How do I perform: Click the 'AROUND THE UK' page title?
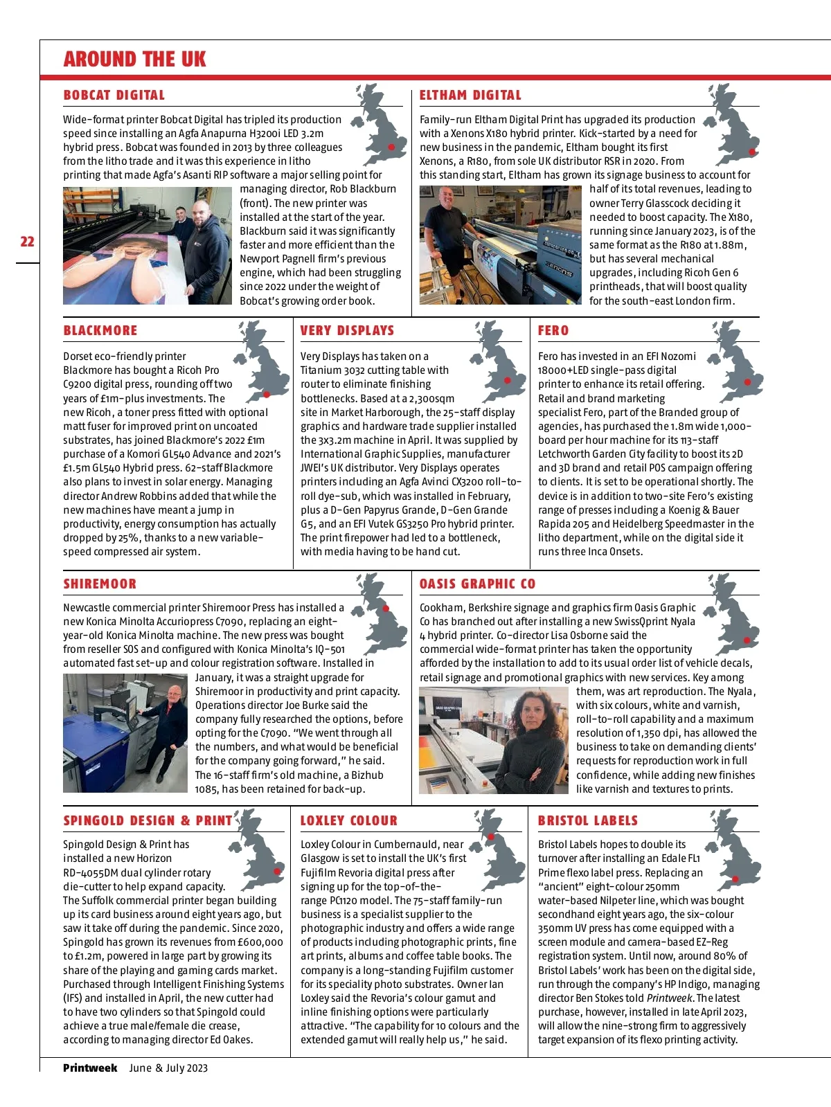[134, 60]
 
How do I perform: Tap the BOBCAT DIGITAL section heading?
[114, 96]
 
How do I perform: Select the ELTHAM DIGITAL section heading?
[470, 96]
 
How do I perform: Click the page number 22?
[27, 242]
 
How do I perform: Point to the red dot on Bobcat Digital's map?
[392, 147]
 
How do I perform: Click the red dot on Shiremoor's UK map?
[386, 609]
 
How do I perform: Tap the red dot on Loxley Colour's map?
[491, 837]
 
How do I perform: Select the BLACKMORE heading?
[100, 331]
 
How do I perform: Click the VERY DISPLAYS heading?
[347, 331]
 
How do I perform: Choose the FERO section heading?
[553, 331]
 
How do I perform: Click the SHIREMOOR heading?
[100, 584]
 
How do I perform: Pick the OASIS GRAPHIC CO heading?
[477, 584]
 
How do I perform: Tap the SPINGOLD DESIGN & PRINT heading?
[148, 821]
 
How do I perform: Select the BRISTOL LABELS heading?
[587, 821]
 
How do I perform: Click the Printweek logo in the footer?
[90, 1068]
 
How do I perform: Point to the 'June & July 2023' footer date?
[168, 1068]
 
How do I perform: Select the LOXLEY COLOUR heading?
[348, 821]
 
